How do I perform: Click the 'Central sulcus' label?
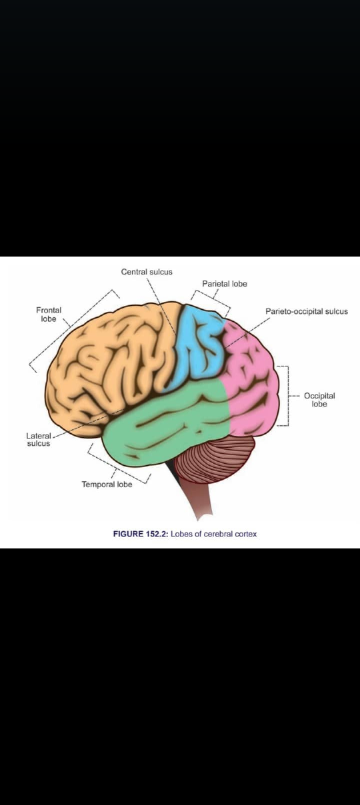(x=147, y=272)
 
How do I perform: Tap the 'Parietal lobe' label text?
(x=225, y=284)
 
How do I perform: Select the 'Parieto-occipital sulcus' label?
(x=307, y=312)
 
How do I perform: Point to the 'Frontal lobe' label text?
(x=49, y=315)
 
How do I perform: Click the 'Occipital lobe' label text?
(x=319, y=400)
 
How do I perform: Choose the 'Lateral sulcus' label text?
(x=39, y=440)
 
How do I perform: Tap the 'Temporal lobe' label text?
(x=107, y=484)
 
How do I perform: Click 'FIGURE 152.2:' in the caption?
(x=141, y=534)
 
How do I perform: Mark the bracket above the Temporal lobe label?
(x=115, y=468)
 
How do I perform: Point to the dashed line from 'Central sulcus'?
(x=161, y=305)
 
